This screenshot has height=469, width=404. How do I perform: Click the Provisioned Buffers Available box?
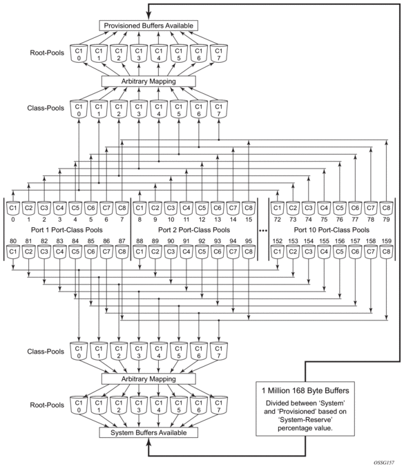148,26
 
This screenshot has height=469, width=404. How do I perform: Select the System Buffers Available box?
148,432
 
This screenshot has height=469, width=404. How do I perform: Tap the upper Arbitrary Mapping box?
148,82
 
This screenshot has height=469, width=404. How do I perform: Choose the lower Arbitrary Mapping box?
148,379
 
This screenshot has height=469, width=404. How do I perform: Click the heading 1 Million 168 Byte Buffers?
305,391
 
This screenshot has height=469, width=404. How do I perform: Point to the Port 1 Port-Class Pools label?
67,230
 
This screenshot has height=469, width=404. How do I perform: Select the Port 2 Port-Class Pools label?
194,230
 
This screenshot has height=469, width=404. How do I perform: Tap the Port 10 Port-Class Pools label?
331,230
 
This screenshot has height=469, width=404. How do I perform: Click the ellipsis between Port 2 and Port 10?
263,231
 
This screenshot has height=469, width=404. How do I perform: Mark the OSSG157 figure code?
384,463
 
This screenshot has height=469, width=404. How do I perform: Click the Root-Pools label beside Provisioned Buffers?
47,53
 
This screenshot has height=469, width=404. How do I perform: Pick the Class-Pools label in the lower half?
46,352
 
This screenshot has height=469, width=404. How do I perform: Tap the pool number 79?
386,220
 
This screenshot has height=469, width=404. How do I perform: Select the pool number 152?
278,241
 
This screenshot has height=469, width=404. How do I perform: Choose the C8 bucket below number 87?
122,252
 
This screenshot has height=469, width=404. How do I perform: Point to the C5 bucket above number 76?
340,208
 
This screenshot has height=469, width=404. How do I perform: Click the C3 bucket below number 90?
171,252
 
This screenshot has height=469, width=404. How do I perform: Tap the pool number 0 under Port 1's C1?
13,220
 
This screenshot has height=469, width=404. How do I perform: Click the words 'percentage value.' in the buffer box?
305,428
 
